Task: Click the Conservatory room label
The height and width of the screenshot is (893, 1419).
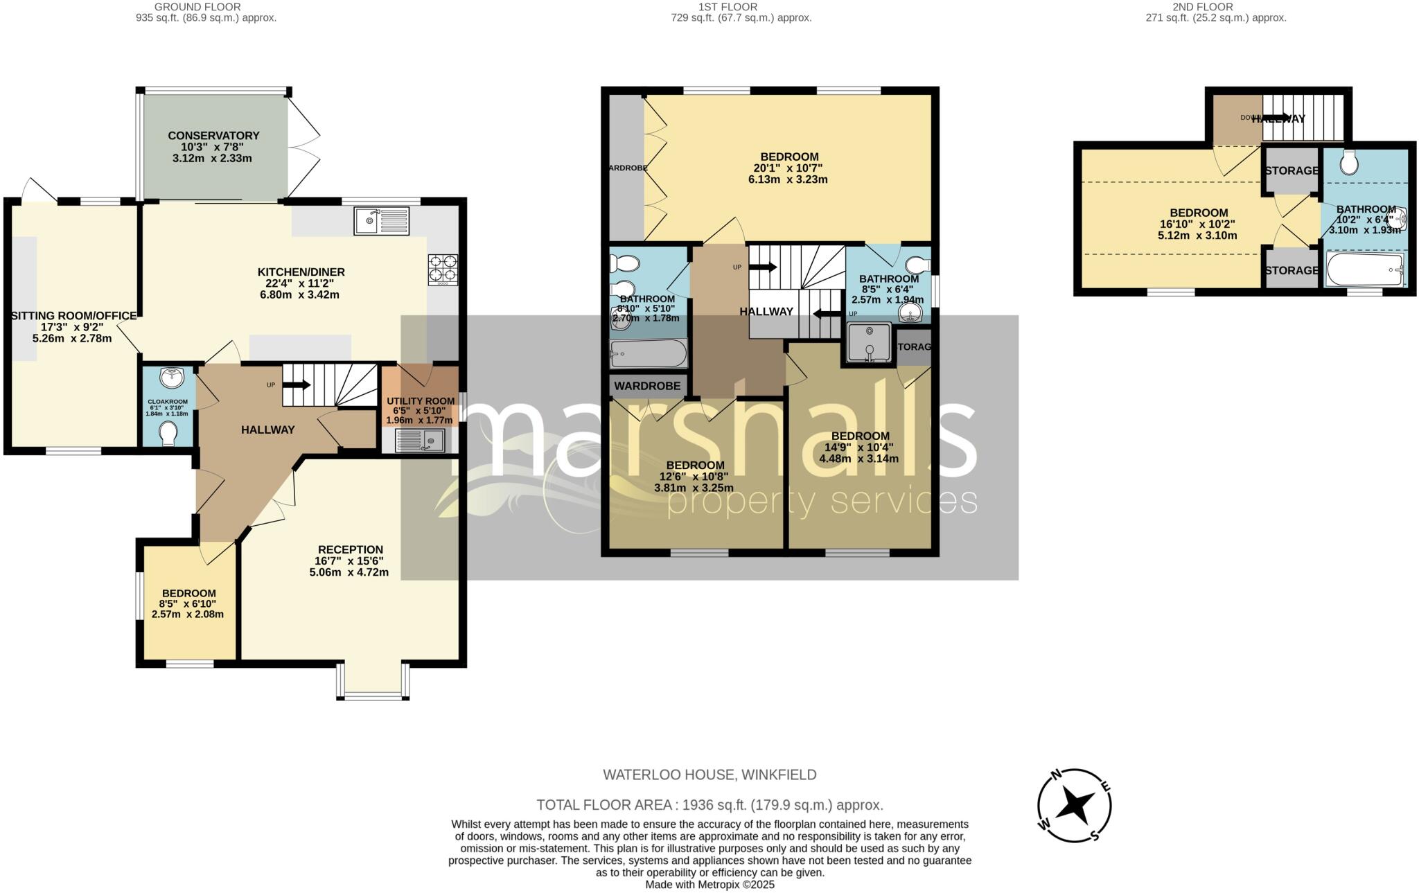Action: click(x=213, y=136)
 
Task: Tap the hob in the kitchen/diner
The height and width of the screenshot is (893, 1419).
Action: click(x=443, y=270)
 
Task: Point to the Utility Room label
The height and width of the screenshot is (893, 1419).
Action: click(x=421, y=401)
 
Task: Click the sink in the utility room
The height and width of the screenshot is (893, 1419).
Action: click(x=420, y=440)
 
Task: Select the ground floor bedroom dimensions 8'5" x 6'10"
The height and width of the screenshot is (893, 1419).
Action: click(x=188, y=604)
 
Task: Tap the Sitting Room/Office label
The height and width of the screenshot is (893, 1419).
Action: click(x=73, y=316)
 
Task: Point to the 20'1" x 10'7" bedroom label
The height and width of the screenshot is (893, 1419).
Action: click(x=789, y=157)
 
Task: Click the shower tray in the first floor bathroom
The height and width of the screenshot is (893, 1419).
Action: click(x=868, y=344)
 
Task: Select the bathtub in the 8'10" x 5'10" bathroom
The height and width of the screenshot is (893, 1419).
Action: click(x=648, y=353)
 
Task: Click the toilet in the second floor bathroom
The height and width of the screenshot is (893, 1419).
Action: click(x=1348, y=163)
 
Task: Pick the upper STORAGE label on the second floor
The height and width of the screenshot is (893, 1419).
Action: click(x=1292, y=170)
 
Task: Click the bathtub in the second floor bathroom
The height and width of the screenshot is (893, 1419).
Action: click(x=1365, y=269)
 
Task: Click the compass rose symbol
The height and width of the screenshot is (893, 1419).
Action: click(x=1074, y=805)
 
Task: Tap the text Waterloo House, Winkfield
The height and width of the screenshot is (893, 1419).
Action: click(x=709, y=775)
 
